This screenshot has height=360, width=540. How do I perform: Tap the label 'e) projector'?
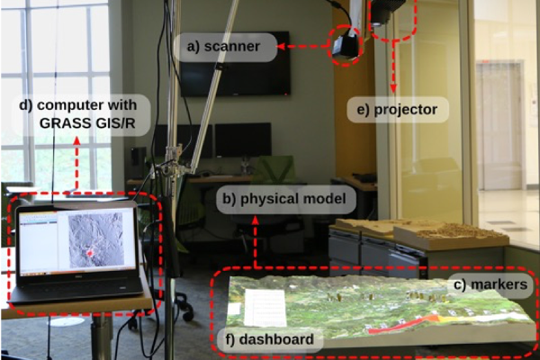397,110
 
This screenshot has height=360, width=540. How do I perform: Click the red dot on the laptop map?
90,255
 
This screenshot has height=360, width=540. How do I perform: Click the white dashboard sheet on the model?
264,307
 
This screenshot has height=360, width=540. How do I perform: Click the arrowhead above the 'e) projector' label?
393,89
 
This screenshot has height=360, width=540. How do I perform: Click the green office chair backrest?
274,169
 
